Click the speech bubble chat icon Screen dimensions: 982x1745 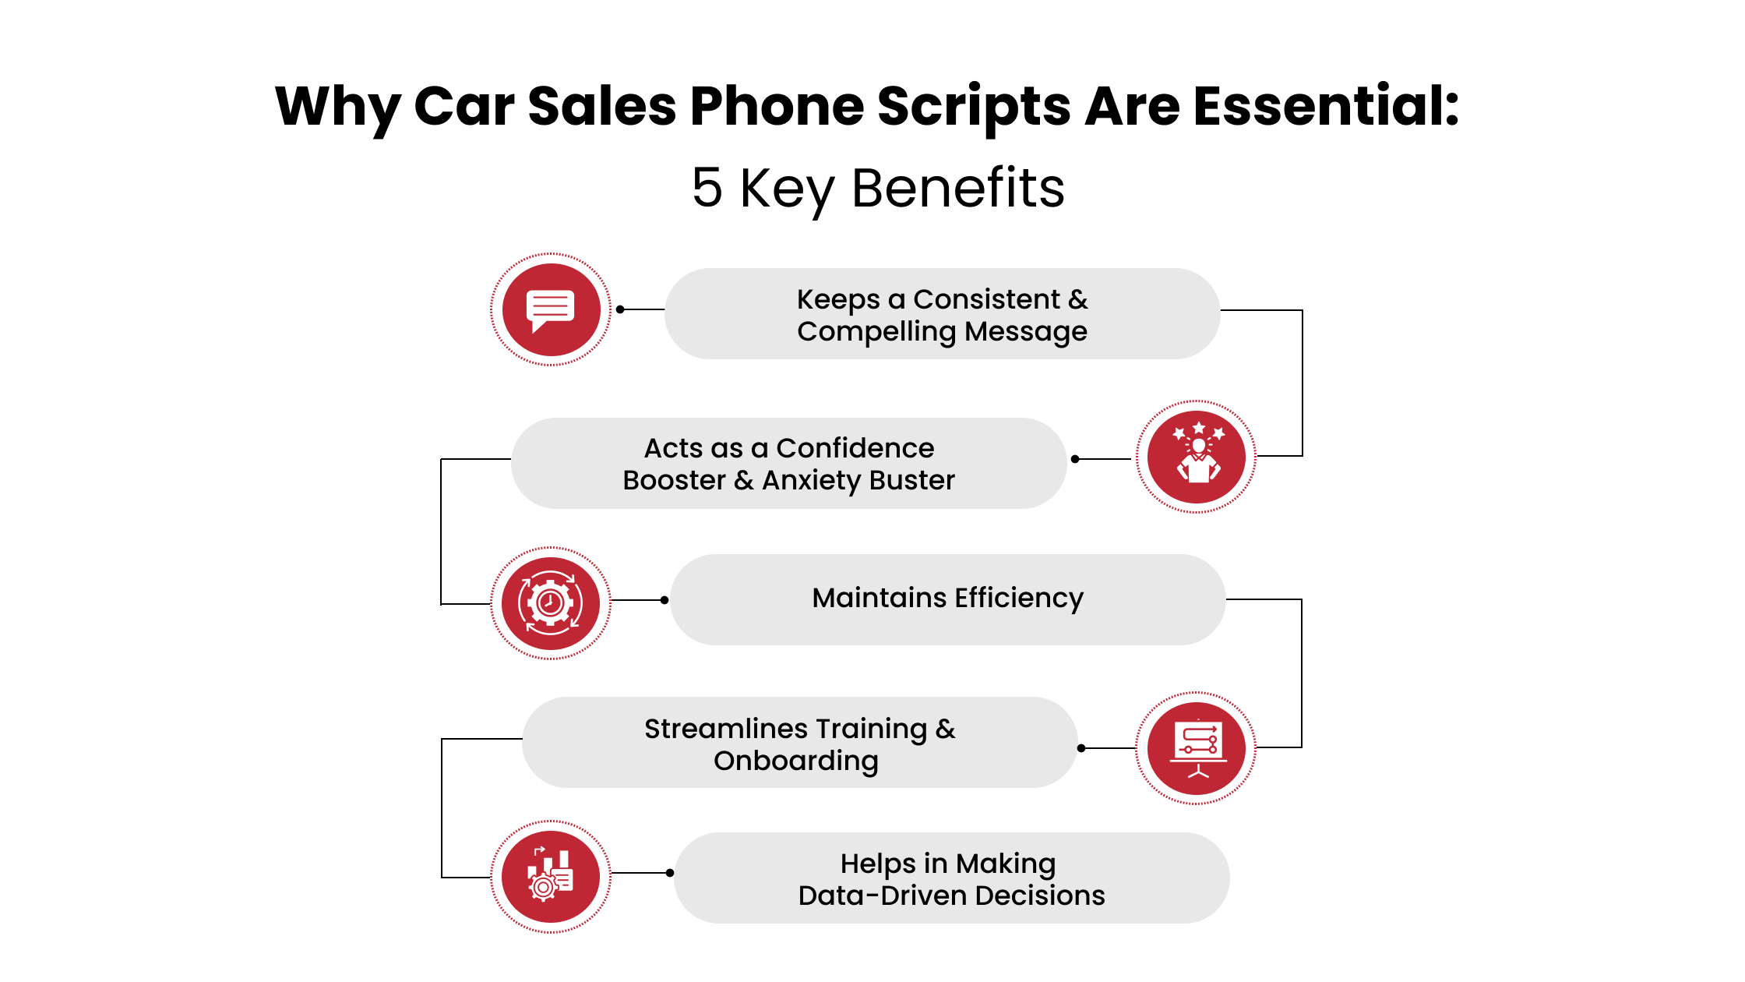point(550,309)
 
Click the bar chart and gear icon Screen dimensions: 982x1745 point(550,876)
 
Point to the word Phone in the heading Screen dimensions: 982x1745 point(777,106)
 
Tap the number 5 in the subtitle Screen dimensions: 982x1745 point(707,188)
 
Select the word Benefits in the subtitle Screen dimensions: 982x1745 point(957,188)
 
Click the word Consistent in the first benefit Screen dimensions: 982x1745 point(986,299)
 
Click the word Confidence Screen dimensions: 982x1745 point(855,448)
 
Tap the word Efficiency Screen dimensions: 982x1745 point(1019,598)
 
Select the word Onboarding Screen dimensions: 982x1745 point(795,761)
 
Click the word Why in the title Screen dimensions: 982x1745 point(337,106)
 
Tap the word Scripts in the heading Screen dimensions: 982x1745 point(974,106)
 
